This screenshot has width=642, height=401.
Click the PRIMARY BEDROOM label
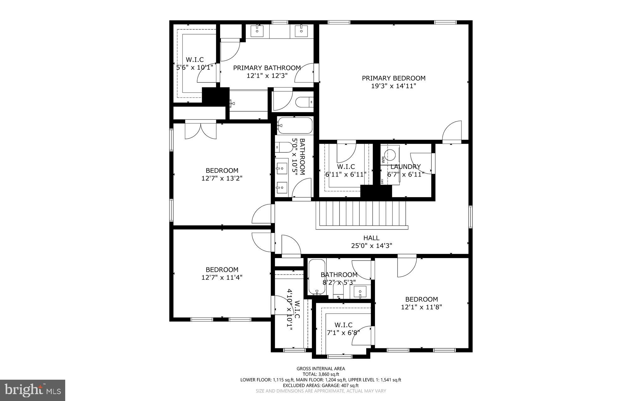pos(394,78)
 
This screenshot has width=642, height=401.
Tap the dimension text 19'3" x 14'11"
pos(394,86)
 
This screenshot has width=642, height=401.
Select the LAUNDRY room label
pos(405,166)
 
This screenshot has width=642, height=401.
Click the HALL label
pos(371,238)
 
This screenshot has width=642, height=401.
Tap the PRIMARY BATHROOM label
pos(267,68)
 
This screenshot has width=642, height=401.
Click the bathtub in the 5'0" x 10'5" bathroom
pos(295,125)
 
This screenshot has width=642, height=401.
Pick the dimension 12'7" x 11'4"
pos(222,277)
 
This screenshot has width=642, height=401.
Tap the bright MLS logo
pos(33,390)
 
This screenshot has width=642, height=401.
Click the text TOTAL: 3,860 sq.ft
pos(321,374)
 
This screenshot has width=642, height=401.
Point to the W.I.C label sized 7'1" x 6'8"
pos(343,325)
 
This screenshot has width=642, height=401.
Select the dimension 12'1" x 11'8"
pos(421,307)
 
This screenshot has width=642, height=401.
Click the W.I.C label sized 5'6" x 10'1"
pos(195,60)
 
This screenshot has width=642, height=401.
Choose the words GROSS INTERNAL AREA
pos(321,369)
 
